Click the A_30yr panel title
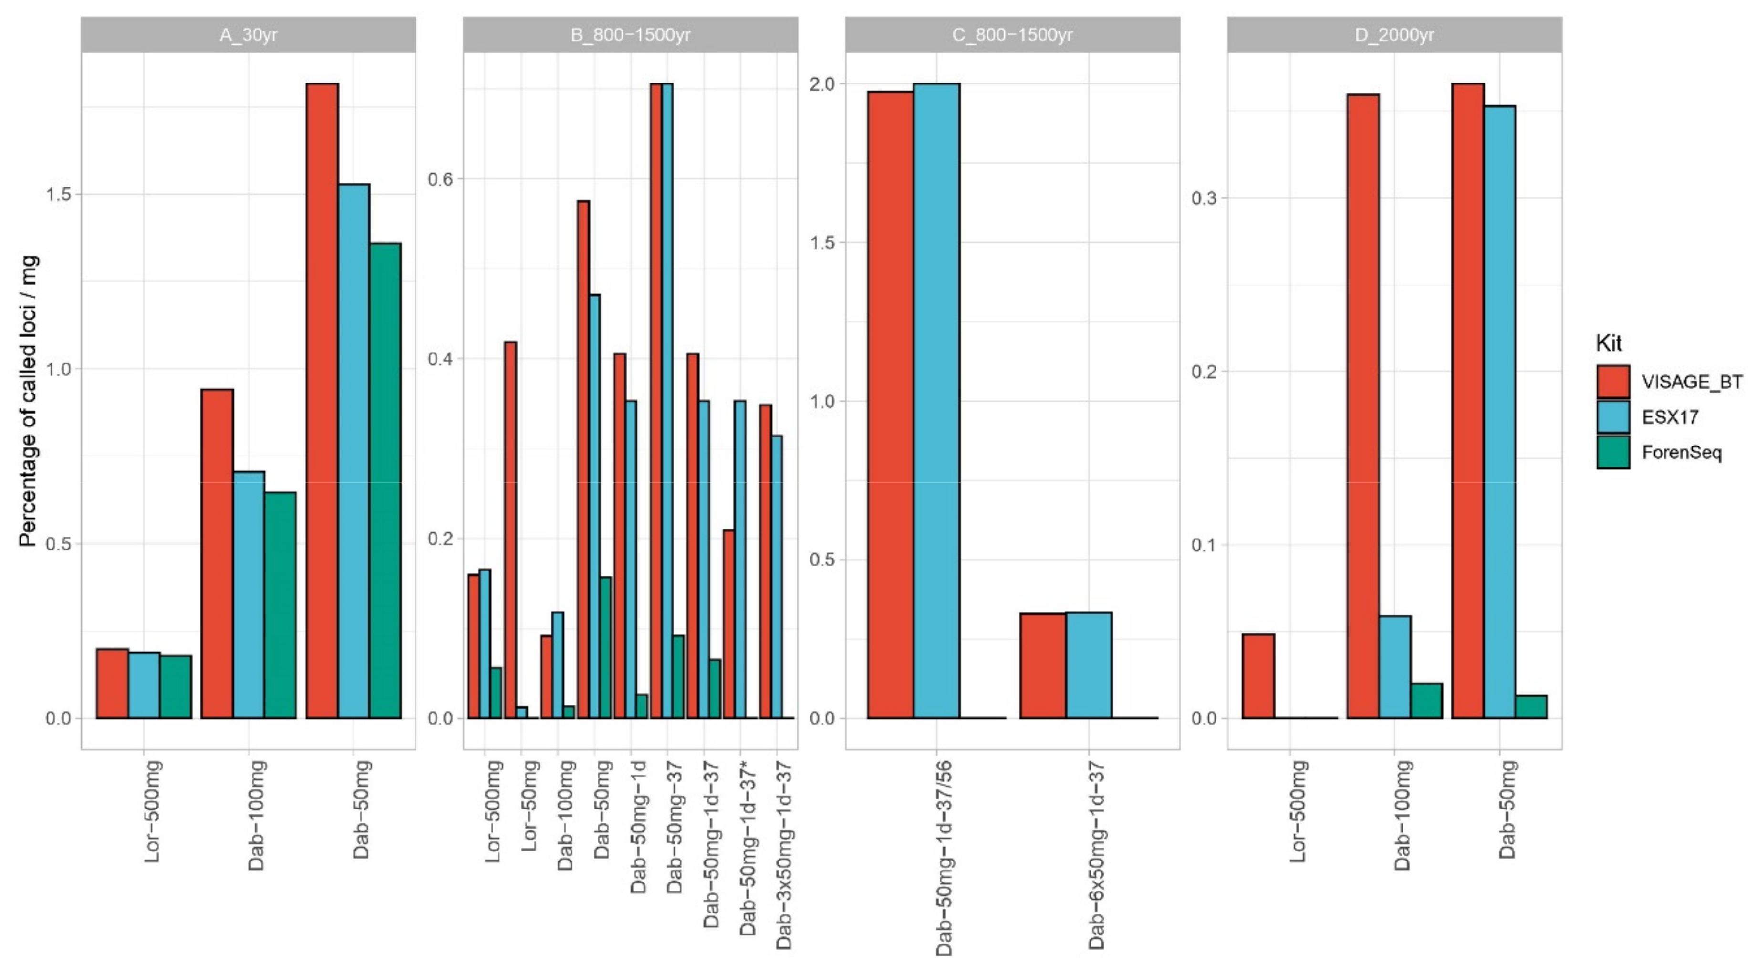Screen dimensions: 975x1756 248,35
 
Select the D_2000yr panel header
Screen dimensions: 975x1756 1394,35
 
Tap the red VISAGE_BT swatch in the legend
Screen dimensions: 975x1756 1613,382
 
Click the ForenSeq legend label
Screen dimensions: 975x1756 1681,453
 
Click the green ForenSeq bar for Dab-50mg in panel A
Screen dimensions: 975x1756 385,481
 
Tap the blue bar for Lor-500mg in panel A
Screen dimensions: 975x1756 144,685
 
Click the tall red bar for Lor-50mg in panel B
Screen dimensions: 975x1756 510,530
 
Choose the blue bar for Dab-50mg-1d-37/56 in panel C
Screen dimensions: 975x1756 936,401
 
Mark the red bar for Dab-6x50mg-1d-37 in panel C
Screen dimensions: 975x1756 1043,665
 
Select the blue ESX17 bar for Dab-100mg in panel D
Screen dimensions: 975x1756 1395,667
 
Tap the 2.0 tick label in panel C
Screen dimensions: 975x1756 821,84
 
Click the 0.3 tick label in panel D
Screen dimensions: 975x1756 1204,198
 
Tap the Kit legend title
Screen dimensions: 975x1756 1609,343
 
